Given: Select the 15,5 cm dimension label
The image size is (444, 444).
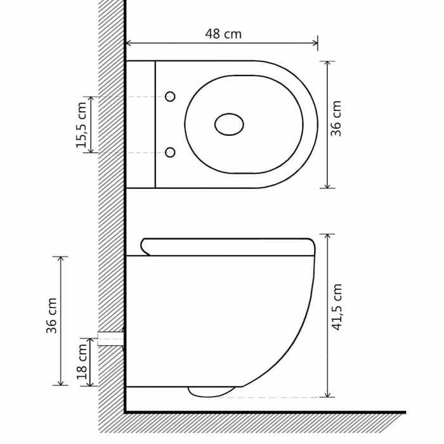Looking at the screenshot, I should [82, 125].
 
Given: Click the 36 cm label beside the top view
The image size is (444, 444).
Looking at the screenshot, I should [337, 119].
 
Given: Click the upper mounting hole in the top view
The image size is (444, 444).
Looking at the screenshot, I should [170, 96].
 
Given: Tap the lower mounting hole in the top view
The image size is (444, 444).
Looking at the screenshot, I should [170, 152].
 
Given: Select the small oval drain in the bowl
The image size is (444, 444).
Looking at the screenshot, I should [229, 124].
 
